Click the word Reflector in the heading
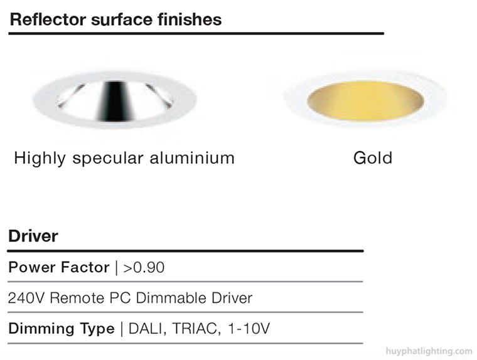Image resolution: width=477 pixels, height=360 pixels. (x=48, y=19)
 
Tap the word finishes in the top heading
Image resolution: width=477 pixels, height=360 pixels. (x=190, y=19)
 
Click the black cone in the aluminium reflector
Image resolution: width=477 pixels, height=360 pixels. (x=115, y=101)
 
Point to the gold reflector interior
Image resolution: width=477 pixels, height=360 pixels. (x=365, y=101)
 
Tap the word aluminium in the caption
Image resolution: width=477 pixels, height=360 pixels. (x=192, y=158)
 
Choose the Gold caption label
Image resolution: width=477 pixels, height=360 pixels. (x=373, y=158)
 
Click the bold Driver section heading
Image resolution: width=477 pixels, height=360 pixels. (x=33, y=236)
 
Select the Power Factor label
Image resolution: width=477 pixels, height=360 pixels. (x=59, y=267)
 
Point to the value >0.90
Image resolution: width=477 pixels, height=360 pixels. (x=144, y=268)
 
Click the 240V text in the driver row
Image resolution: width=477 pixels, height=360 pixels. (x=26, y=298)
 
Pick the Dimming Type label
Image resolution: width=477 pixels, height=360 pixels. (x=62, y=329)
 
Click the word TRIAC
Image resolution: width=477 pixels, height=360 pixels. (x=196, y=329)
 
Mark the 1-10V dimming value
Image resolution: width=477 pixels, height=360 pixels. (x=249, y=329)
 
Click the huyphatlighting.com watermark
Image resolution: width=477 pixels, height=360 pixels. (x=429, y=351)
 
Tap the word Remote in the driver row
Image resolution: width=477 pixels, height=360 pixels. (x=77, y=298)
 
